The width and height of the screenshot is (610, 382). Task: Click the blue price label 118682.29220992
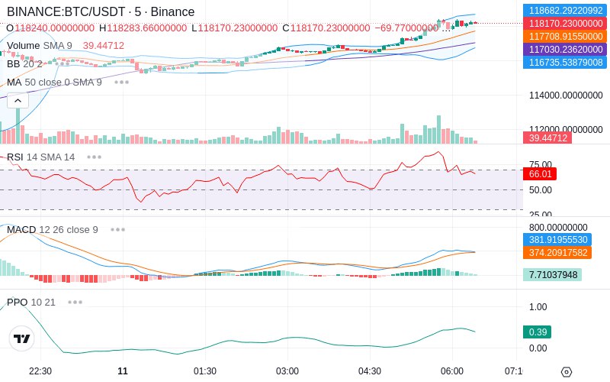(x=565, y=11)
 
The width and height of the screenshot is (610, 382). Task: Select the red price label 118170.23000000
(x=565, y=24)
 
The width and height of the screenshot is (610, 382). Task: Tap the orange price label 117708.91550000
(x=565, y=36)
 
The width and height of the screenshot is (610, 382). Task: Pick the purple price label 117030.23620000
(x=565, y=49)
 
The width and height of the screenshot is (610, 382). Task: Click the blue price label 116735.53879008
(x=565, y=62)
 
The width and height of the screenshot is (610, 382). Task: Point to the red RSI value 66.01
(x=540, y=174)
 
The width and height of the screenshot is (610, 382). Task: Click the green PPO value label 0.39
(x=538, y=332)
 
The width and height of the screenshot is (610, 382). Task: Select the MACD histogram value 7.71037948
(x=552, y=275)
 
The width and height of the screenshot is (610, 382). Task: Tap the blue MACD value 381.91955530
(x=557, y=239)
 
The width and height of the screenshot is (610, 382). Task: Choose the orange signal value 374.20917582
(x=557, y=252)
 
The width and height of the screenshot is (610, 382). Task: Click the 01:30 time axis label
(x=205, y=371)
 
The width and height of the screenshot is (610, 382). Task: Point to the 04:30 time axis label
(x=370, y=371)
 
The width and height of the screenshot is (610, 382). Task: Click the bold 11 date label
(x=123, y=371)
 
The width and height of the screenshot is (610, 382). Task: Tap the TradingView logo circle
(x=22, y=338)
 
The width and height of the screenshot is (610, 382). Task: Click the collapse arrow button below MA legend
(x=18, y=101)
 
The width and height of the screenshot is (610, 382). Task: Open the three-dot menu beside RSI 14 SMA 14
(x=94, y=157)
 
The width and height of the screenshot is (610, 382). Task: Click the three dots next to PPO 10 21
(x=75, y=302)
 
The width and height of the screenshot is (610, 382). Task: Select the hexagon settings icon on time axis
(x=567, y=372)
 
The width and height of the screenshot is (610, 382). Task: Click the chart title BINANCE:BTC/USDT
(x=66, y=11)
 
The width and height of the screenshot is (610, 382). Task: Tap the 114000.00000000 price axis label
(x=566, y=95)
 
